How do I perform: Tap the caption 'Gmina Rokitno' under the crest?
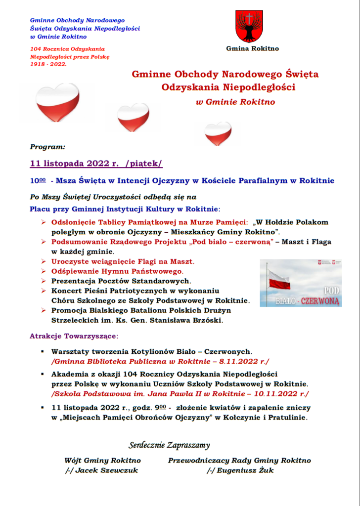click(x=252, y=48)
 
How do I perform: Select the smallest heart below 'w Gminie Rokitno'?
click(x=218, y=133)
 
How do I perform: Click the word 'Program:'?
click(x=47, y=147)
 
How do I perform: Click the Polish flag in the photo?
click(x=279, y=280)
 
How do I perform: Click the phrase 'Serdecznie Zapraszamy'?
click(x=169, y=444)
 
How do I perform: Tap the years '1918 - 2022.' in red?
click(x=48, y=64)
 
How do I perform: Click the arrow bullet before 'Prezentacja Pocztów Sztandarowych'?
click(x=44, y=281)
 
